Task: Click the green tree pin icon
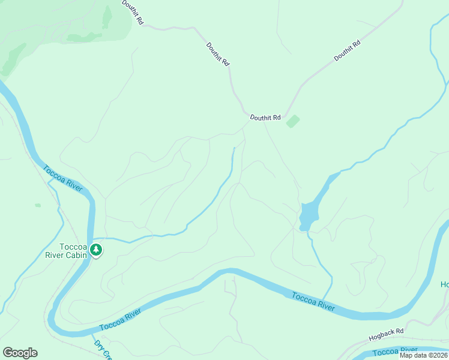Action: (x=95, y=250)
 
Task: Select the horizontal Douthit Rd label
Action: (x=265, y=118)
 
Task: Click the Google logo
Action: (x=20, y=352)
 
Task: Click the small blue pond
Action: (x=308, y=215)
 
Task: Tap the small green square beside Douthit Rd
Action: (x=293, y=122)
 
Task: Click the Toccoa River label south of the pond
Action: (x=313, y=301)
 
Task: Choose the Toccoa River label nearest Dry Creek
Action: (x=120, y=320)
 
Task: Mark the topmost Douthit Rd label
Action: (x=133, y=13)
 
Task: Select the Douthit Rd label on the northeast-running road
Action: (x=347, y=50)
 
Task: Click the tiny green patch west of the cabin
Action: (x=38, y=205)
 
